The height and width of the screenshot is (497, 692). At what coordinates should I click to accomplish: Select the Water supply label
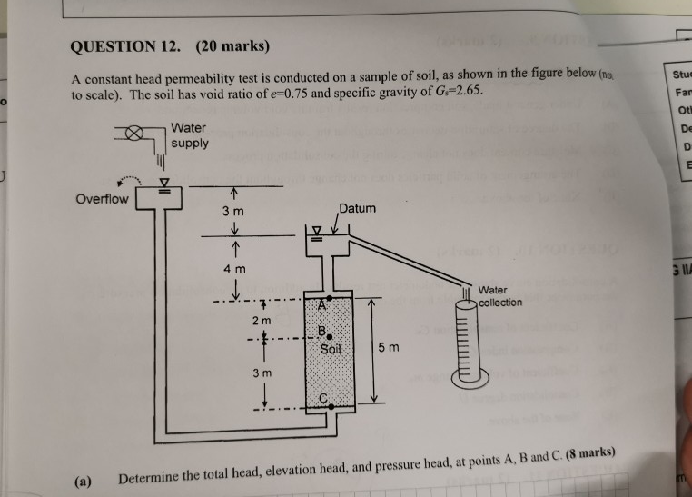pos(189,135)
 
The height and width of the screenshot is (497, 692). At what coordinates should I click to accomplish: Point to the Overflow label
pos(103,198)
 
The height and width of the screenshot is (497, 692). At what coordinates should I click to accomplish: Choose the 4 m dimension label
pos(234,269)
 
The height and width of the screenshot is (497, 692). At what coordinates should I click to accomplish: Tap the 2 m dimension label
pos(262,321)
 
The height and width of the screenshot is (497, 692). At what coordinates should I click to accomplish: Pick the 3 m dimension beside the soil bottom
pos(262,373)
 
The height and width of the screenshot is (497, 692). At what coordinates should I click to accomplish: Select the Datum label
pos(357,209)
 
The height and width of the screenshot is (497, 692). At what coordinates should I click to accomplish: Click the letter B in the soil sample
pos(321,330)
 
